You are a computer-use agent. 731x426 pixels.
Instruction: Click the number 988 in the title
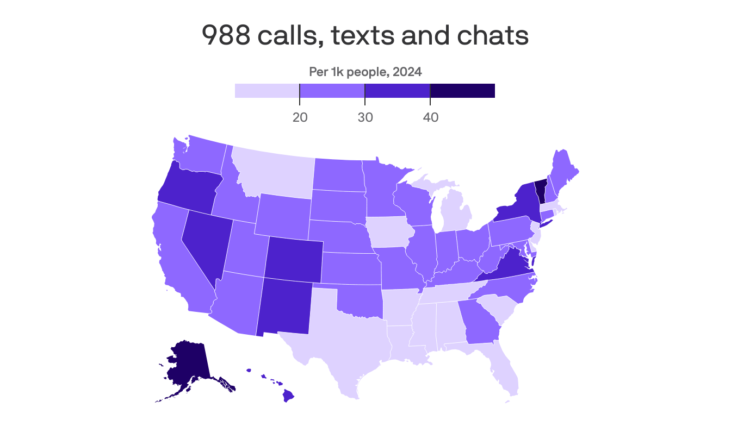(x=224, y=36)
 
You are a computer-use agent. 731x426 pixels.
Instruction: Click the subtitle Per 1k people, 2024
(x=365, y=72)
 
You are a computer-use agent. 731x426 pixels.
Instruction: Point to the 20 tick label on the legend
(x=300, y=117)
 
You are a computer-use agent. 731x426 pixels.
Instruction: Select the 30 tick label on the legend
(x=365, y=117)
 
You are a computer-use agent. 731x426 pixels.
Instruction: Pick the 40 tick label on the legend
(x=430, y=117)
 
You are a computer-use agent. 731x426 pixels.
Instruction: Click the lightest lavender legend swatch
(x=267, y=91)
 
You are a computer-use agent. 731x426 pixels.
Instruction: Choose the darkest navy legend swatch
(x=462, y=91)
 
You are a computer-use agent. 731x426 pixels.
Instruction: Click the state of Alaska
(x=188, y=364)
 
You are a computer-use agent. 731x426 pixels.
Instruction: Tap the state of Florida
(x=503, y=369)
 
